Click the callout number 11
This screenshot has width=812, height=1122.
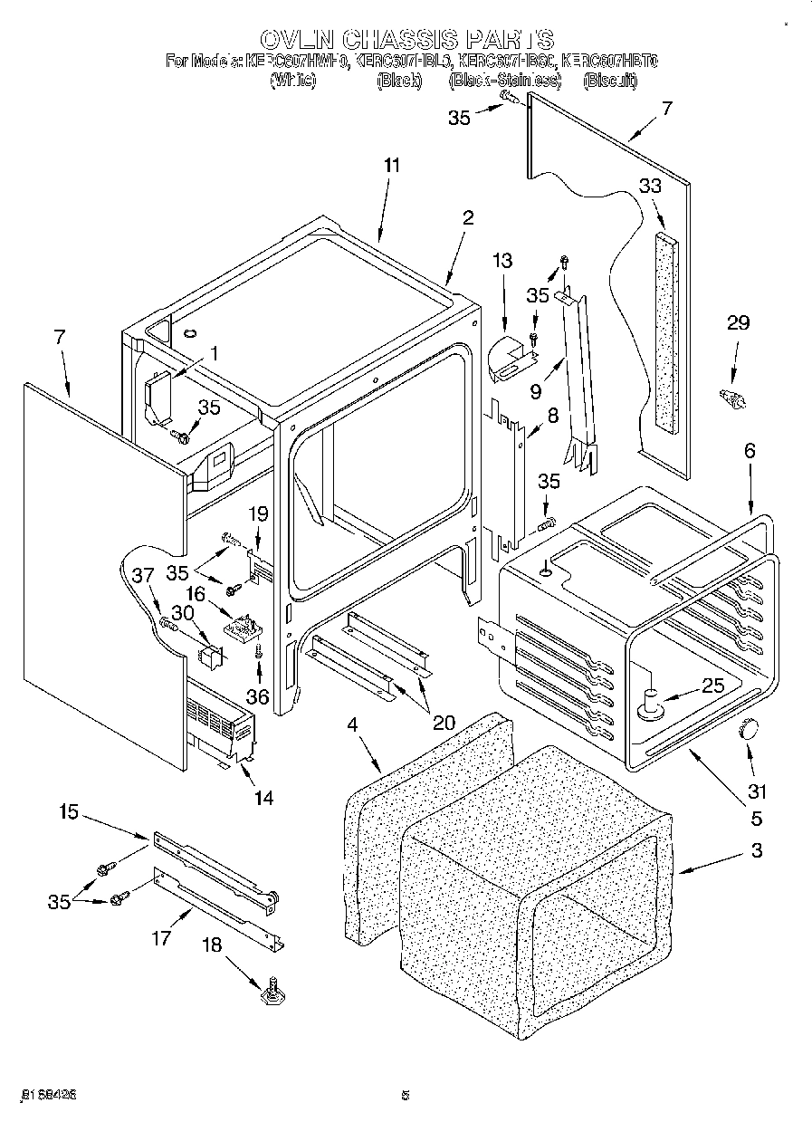point(391,166)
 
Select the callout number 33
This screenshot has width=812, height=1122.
point(650,186)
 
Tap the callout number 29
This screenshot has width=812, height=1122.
point(739,322)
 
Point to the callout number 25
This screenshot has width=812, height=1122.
point(713,686)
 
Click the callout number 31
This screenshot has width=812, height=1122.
point(757,791)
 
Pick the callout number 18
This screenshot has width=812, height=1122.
point(210,945)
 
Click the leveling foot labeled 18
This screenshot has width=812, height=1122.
point(271,993)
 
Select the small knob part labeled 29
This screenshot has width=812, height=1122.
point(731,398)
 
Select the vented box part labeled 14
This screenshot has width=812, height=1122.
point(219,730)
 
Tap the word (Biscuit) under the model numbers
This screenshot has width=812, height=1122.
point(610,81)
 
